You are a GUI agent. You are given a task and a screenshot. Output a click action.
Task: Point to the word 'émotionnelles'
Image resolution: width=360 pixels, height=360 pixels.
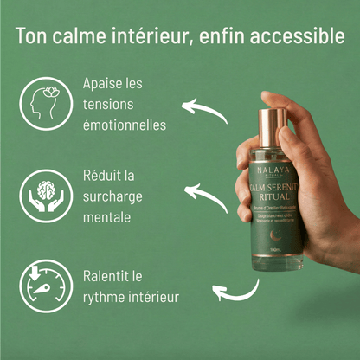pyautogui.click(x=125, y=125)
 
